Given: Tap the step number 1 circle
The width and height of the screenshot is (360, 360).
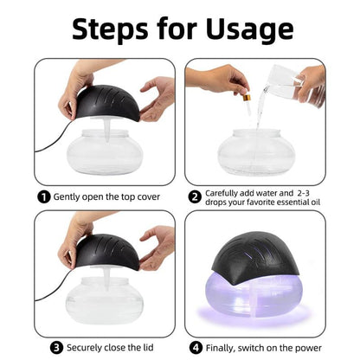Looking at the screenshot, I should [43, 196].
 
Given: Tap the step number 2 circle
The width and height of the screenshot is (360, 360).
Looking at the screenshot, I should [195, 196].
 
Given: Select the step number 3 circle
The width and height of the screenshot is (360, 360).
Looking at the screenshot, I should [56, 348].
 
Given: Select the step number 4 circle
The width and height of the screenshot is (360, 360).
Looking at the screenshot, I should [198, 348].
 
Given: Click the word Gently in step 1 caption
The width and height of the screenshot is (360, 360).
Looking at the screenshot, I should [70, 196].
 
